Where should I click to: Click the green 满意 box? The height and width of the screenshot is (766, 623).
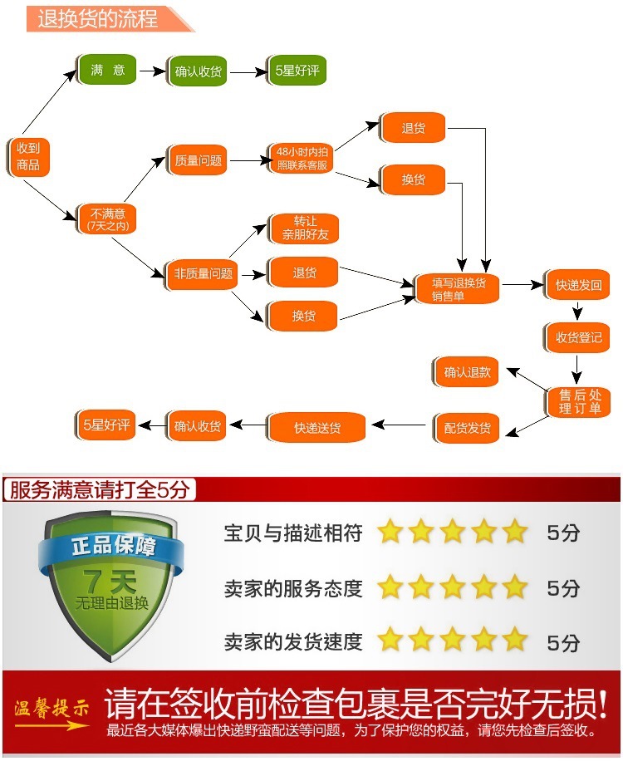[107, 71]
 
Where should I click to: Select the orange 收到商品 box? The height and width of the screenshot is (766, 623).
[28, 156]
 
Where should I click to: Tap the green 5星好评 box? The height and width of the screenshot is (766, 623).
[297, 71]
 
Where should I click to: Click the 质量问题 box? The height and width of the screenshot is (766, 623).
[198, 160]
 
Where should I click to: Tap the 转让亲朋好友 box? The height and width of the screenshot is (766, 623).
[305, 228]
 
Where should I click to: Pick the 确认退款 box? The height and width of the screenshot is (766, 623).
[467, 372]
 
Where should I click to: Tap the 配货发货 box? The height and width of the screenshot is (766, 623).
[467, 428]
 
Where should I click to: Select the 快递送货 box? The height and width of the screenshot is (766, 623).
[316, 428]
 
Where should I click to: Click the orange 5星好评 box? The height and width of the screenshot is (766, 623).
[105, 425]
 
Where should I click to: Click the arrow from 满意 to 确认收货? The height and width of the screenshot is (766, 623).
[152, 71]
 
